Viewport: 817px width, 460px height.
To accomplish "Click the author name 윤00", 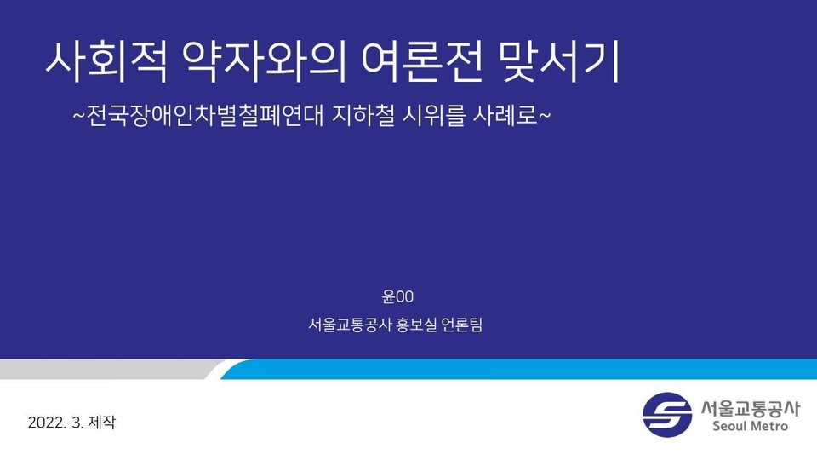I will click(x=397, y=296).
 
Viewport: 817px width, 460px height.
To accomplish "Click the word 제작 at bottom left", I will click(x=100, y=423).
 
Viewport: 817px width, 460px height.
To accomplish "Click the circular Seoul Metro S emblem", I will click(x=666, y=415).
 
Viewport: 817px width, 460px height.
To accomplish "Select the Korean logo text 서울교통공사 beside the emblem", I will click(x=745, y=407).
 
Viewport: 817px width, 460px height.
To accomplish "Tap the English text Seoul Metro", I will click(x=745, y=426).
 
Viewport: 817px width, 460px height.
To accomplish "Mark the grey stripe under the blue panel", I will click(x=102, y=369).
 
